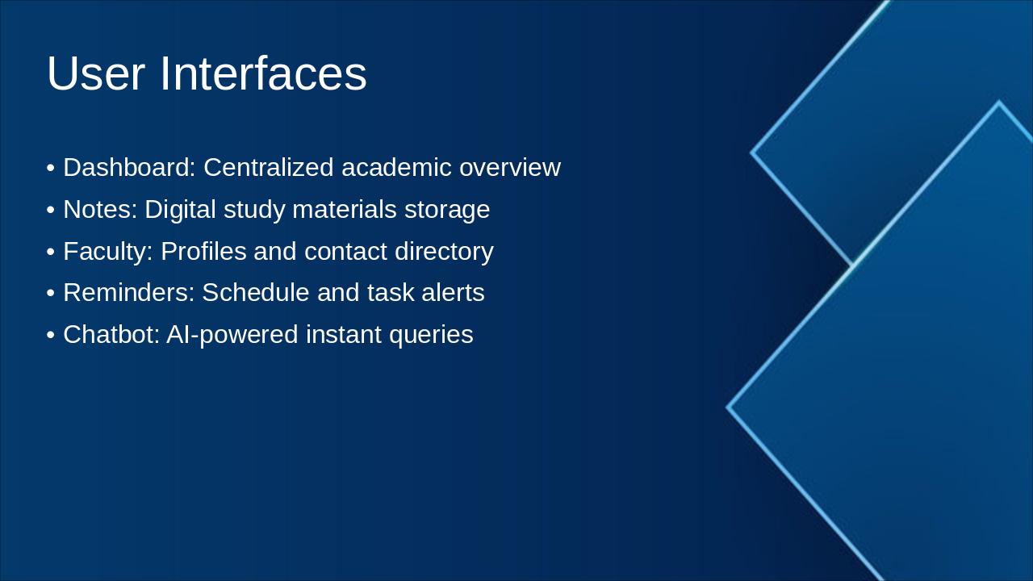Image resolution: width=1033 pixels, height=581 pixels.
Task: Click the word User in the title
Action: click(x=96, y=73)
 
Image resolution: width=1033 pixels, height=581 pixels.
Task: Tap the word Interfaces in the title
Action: click(x=263, y=73)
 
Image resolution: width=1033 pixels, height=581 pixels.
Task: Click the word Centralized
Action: click(x=269, y=167)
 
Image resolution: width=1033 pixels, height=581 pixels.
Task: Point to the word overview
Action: click(x=510, y=167)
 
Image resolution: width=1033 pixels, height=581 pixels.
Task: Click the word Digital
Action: click(x=180, y=210)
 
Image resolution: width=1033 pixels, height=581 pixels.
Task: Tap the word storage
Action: click(x=447, y=211)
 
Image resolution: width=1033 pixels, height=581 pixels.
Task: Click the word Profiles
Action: click(x=203, y=251)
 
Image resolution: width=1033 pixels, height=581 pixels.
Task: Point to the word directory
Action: click(x=444, y=252)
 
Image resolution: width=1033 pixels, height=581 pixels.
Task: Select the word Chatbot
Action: click(x=111, y=334)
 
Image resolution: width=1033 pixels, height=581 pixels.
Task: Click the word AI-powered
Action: click(x=232, y=335)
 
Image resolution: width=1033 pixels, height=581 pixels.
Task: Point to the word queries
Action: click(x=431, y=335)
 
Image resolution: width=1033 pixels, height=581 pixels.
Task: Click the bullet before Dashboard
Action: click(x=51, y=168)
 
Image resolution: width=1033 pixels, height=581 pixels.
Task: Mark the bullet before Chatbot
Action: click(x=51, y=335)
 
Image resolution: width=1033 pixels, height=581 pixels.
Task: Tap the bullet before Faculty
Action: click(x=51, y=252)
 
